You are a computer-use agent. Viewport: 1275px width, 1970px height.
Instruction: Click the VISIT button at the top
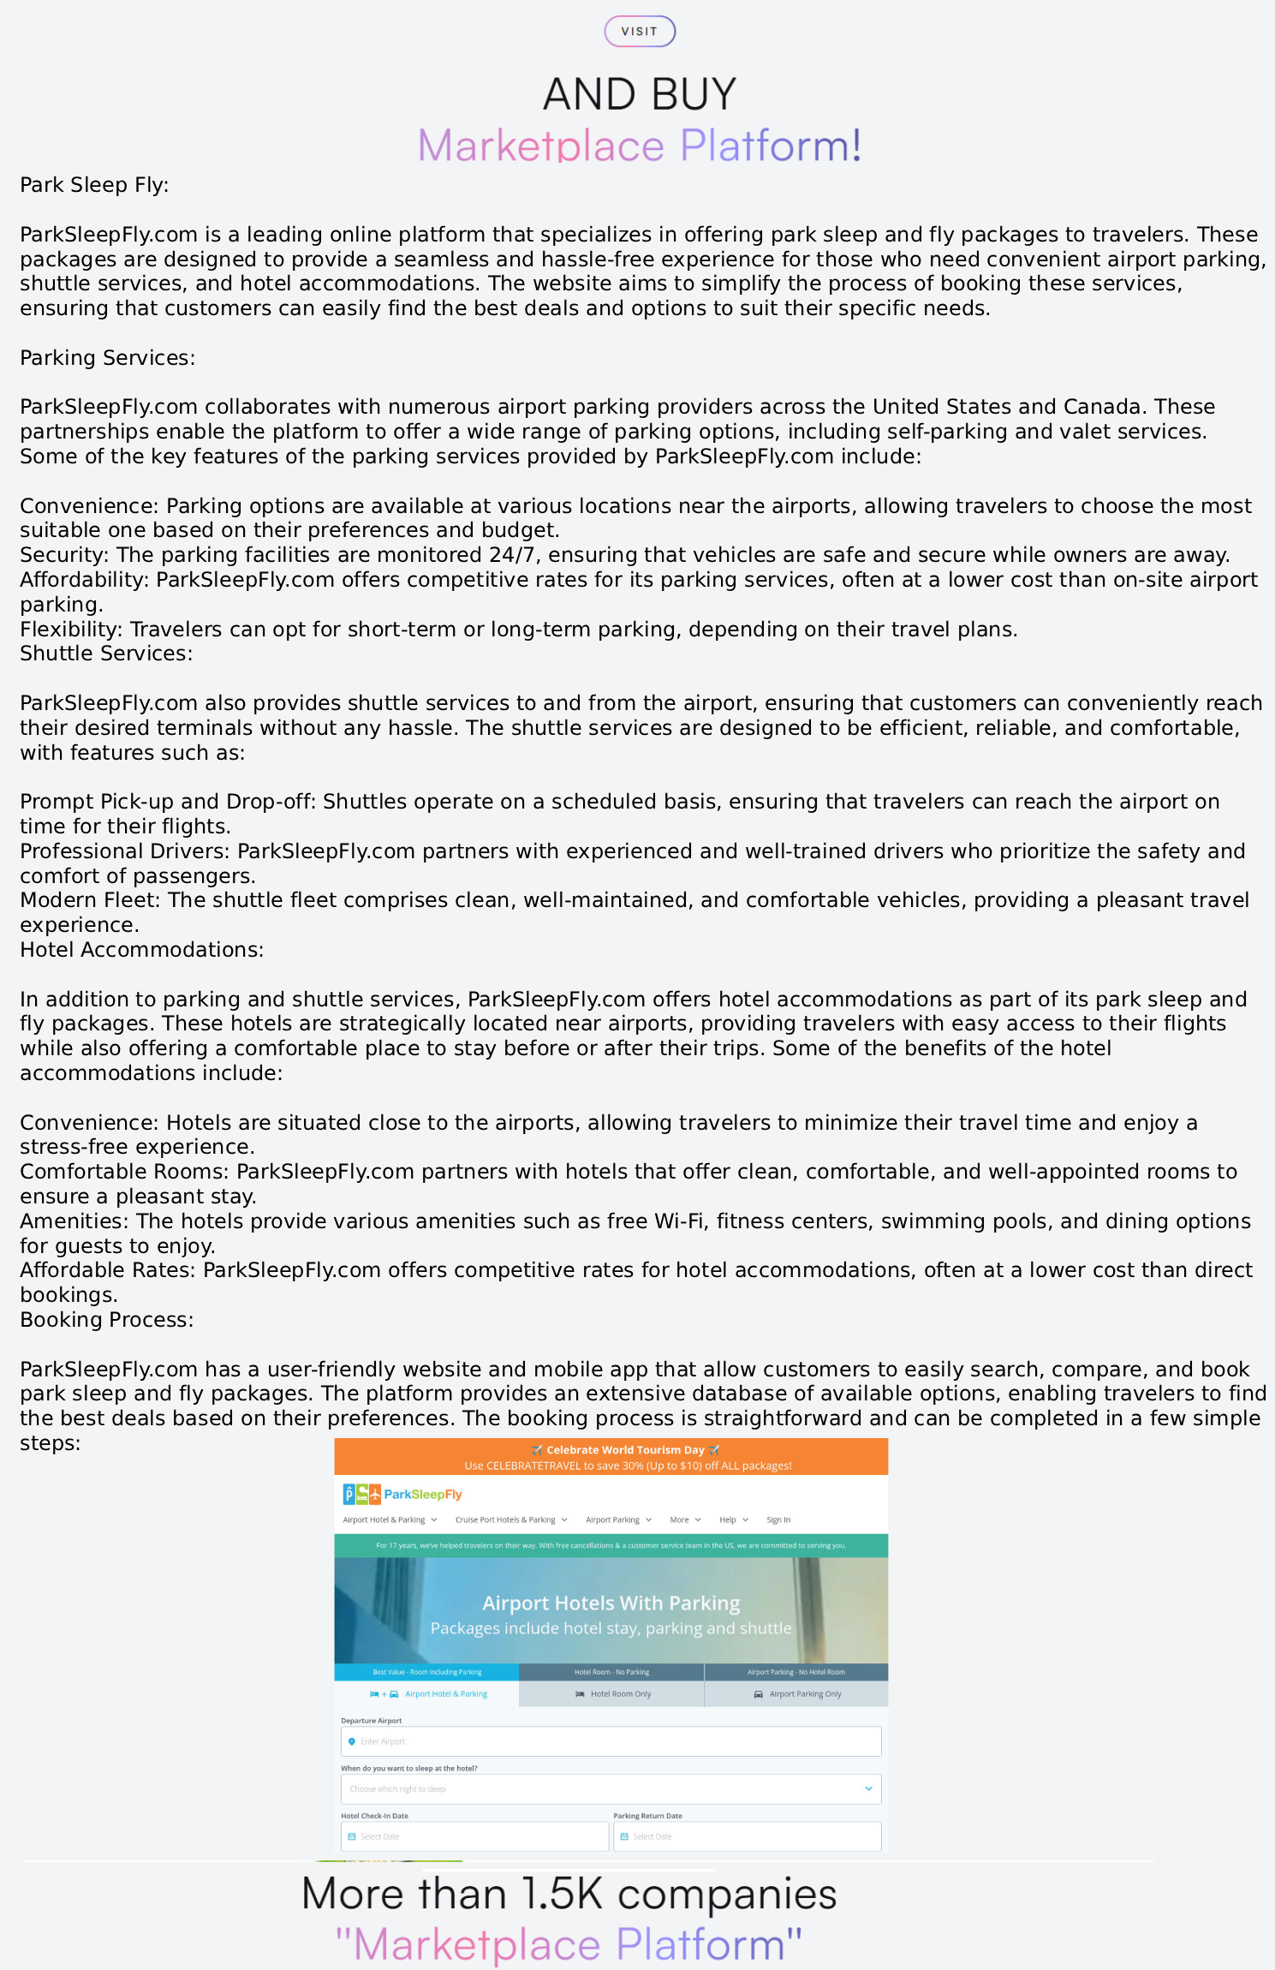tap(640, 32)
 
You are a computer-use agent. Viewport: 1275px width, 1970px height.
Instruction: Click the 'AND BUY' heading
tap(640, 94)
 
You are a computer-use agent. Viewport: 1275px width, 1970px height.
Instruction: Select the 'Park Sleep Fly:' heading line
tap(94, 185)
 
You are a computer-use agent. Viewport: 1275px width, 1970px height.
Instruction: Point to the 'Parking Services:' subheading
tap(108, 358)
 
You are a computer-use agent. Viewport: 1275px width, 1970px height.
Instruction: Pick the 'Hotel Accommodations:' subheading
tap(142, 950)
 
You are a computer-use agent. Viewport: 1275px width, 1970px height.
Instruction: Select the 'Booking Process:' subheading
tap(107, 1320)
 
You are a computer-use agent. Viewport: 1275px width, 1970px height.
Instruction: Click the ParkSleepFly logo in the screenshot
tap(402, 1495)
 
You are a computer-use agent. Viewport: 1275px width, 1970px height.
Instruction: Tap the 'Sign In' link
tap(778, 1519)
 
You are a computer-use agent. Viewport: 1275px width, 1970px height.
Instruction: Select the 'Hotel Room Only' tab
tap(612, 1693)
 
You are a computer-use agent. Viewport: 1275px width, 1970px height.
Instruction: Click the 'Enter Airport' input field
tap(611, 1741)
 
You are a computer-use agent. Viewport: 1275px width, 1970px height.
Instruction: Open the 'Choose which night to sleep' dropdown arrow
tap(868, 1788)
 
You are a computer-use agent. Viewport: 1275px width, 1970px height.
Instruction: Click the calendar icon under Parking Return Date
tap(624, 1836)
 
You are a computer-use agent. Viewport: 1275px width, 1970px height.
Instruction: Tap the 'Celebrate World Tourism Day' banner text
tap(625, 1450)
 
